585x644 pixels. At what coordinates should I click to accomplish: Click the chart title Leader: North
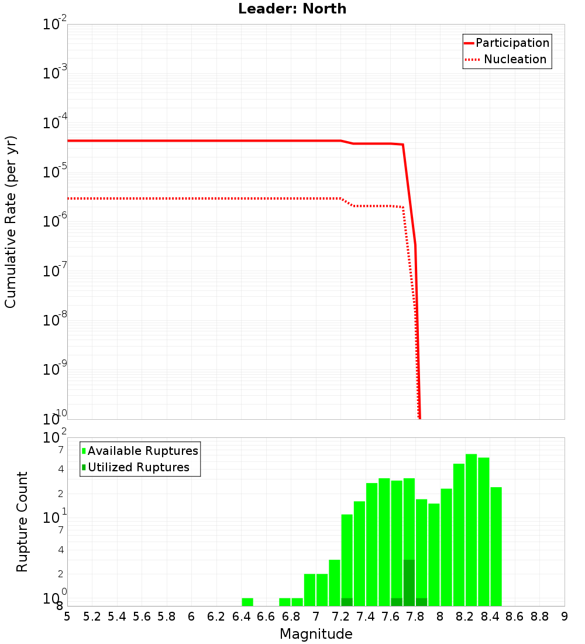(x=292, y=9)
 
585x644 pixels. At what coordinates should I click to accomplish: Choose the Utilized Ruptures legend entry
(x=138, y=467)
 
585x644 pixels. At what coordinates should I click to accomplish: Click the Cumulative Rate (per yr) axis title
(x=11, y=222)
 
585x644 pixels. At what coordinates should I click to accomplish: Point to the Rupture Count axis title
(x=22, y=521)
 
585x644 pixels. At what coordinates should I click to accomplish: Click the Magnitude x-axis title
(x=316, y=633)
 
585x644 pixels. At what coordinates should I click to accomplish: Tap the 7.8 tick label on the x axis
(x=415, y=616)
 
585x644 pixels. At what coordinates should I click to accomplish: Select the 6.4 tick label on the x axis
(x=241, y=616)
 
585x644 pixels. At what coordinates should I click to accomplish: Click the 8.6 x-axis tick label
(x=515, y=616)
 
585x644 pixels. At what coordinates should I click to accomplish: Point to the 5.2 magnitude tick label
(x=92, y=616)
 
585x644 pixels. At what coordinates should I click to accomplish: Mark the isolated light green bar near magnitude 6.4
(x=247, y=602)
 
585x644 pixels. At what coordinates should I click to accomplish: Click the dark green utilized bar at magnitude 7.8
(x=409, y=583)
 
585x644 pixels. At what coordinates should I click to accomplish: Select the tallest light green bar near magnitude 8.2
(x=471, y=530)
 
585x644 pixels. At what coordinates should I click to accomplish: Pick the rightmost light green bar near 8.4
(x=496, y=546)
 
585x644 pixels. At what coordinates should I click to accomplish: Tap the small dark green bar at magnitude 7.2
(x=347, y=602)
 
